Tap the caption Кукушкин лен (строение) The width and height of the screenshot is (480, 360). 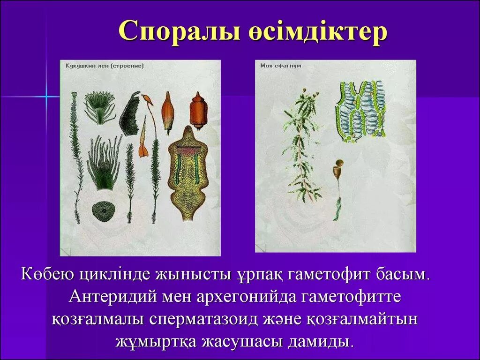(105, 66)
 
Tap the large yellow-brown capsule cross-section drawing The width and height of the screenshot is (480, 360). (188, 173)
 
